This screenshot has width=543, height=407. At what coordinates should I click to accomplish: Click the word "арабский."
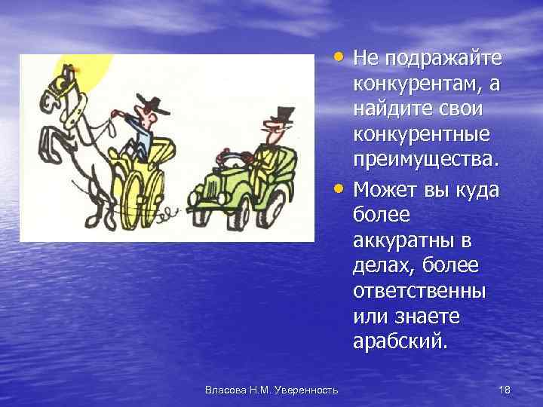tap(399, 341)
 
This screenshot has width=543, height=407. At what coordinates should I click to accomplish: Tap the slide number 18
tap(505, 389)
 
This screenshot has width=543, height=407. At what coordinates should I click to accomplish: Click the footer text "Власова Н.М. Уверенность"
tap(271, 389)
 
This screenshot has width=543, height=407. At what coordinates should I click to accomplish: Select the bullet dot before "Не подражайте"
tap(342, 57)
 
